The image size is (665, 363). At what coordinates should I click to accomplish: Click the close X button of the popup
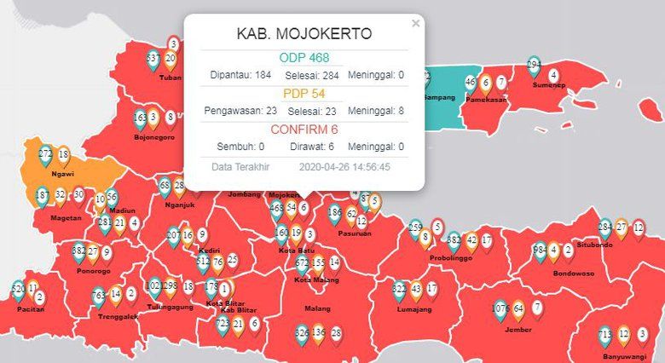click(416, 24)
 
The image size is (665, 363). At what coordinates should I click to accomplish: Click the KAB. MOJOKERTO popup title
click(304, 35)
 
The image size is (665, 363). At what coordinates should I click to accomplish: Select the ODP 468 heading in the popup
click(304, 58)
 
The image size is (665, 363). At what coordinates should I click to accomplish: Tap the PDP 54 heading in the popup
click(304, 93)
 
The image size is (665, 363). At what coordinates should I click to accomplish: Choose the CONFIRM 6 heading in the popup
click(304, 130)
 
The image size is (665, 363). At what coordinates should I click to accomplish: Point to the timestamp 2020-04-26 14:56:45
click(344, 167)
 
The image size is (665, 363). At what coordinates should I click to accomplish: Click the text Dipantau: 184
click(240, 75)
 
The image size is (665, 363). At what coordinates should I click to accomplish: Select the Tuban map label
click(171, 78)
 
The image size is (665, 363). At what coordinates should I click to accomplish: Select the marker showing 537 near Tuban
click(153, 60)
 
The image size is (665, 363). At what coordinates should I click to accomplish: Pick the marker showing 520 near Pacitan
click(18, 291)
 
